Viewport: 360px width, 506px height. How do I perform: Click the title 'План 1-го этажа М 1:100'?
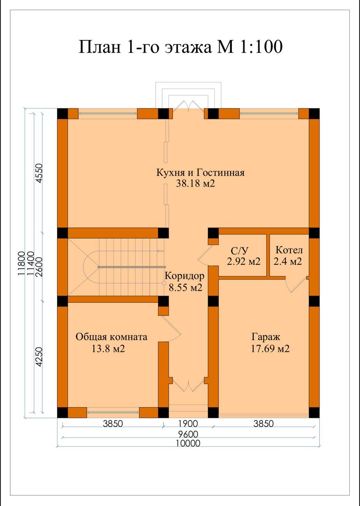click(x=180, y=47)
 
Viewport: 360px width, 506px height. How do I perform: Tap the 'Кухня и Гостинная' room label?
click(x=200, y=173)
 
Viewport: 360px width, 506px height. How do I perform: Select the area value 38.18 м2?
click(x=195, y=183)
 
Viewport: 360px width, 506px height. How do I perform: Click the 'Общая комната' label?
click(x=111, y=337)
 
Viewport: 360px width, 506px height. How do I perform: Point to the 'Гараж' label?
click(x=266, y=337)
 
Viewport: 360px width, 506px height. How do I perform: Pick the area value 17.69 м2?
click(x=270, y=349)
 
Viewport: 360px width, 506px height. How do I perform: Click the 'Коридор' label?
click(x=184, y=276)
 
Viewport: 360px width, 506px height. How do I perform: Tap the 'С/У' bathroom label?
click(x=240, y=251)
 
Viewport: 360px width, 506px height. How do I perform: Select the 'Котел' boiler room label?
click(x=289, y=250)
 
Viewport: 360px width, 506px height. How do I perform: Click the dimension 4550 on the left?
click(x=39, y=173)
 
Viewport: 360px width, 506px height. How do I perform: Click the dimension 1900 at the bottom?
click(x=188, y=423)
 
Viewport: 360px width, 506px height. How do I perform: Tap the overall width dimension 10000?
click(x=189, y=443)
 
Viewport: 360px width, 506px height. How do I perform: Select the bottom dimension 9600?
click(x=188, y=434)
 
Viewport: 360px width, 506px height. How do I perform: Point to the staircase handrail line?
click(x=131, y=267)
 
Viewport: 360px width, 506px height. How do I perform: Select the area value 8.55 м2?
click(x=186, y=287)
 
